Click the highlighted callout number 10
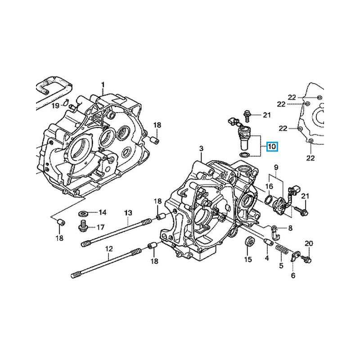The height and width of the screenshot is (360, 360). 272,147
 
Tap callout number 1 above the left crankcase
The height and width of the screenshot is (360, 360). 103,85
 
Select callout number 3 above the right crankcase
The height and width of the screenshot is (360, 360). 202,149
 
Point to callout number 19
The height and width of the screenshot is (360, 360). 55,106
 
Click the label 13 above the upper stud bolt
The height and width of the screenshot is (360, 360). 128,213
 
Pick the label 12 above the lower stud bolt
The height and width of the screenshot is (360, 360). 108,248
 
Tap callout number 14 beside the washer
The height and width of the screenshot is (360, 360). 103,212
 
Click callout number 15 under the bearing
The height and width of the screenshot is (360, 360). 247,260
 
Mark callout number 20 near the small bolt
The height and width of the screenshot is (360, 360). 308,243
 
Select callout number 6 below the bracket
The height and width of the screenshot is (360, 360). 293,275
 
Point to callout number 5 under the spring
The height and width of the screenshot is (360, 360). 281,266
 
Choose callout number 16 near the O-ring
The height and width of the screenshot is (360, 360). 269,186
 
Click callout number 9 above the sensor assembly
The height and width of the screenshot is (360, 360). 276,167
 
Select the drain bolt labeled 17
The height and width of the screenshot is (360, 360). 82,226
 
